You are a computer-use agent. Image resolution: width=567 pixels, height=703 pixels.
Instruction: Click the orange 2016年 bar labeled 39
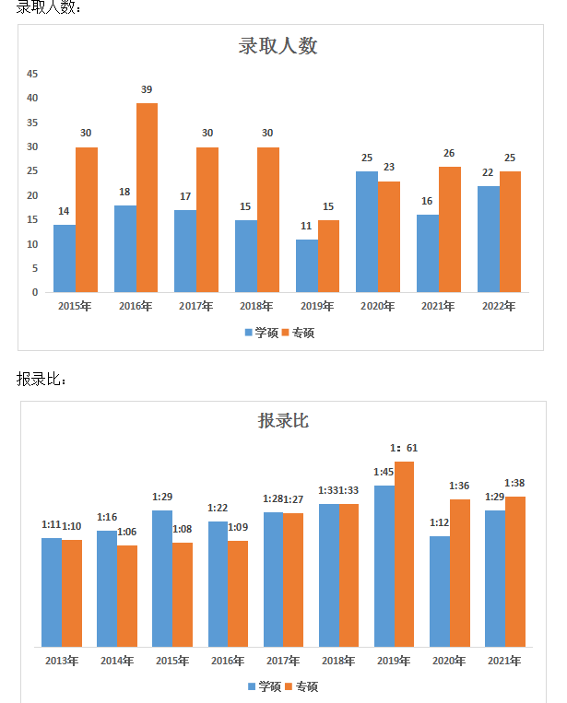[147, 197]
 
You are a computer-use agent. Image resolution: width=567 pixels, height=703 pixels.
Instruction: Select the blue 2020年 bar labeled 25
[367, 231]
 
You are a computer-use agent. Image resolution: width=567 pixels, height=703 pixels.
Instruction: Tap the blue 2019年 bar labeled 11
[306, 265]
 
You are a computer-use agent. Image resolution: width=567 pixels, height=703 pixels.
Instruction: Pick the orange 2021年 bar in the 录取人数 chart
[449, 229]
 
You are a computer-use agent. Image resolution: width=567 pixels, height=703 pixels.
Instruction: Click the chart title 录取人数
[278, 46]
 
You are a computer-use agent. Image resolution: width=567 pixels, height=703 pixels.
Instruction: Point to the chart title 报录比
[283, 421]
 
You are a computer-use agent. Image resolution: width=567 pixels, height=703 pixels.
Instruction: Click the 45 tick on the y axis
[32, 74]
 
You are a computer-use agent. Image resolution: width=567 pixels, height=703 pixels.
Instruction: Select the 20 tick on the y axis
[32, 195]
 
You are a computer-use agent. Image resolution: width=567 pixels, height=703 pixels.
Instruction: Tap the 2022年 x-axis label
[498, 306]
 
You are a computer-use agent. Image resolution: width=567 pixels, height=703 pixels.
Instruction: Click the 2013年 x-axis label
[62, 661]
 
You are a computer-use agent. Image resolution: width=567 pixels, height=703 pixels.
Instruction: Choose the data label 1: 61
[404, 449]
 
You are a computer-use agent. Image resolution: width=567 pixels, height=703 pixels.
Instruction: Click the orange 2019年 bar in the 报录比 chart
[404, 554]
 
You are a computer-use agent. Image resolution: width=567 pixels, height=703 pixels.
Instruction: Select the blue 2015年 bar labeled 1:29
[162, 578]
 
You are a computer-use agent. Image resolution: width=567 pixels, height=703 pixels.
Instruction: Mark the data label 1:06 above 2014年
[126, 532]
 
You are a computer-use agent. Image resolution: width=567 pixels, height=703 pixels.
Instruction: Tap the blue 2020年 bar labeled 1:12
[440, 591]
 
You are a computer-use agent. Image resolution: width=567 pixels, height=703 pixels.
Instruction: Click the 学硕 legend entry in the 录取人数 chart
[261, 333]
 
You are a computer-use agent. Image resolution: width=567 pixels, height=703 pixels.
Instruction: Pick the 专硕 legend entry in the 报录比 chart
[301, 686]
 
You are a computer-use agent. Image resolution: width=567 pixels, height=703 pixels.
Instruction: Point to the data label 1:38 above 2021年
[514, 483]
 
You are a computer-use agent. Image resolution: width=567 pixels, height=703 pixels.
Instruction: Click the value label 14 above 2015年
[64, 211]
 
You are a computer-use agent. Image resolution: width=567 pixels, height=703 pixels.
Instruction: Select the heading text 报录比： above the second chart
[41, 380]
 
